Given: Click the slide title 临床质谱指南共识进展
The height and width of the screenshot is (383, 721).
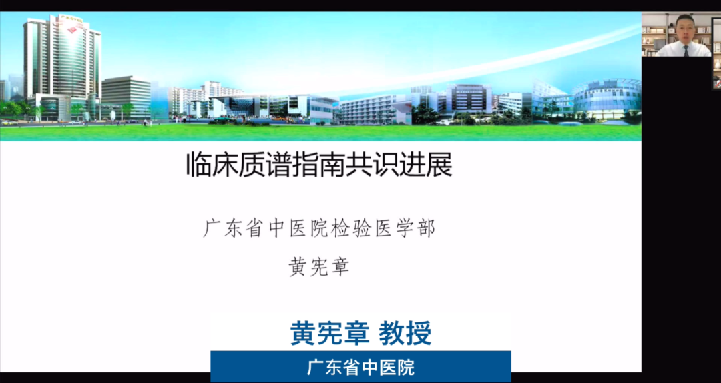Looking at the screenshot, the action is click(319, 165).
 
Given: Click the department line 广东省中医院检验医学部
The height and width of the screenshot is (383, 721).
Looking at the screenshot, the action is click(319, 229).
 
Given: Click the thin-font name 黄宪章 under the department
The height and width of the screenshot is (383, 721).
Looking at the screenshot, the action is click(319, 267).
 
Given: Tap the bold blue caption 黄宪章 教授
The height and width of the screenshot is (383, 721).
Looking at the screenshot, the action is click(361, 333).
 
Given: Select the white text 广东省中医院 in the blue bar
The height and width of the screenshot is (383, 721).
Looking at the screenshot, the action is click(361, 368).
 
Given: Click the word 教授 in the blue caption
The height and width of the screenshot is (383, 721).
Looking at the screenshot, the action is click(405, 333).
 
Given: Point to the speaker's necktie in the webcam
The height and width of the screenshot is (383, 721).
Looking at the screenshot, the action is click(686, 51).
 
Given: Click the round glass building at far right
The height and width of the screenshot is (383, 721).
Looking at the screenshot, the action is click(607, 98).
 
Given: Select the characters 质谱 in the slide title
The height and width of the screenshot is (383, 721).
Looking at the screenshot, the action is click(266, 165).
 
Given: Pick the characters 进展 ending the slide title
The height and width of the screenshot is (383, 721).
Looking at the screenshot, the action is click(426, 165).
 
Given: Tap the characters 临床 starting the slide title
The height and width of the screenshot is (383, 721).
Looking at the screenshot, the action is click(212, 165).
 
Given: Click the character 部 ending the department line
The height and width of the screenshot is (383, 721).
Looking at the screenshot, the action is click(425, 229).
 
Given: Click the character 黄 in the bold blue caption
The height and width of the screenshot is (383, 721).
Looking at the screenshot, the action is click(304, 333).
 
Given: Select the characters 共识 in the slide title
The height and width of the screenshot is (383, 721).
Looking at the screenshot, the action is click(373, 165).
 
